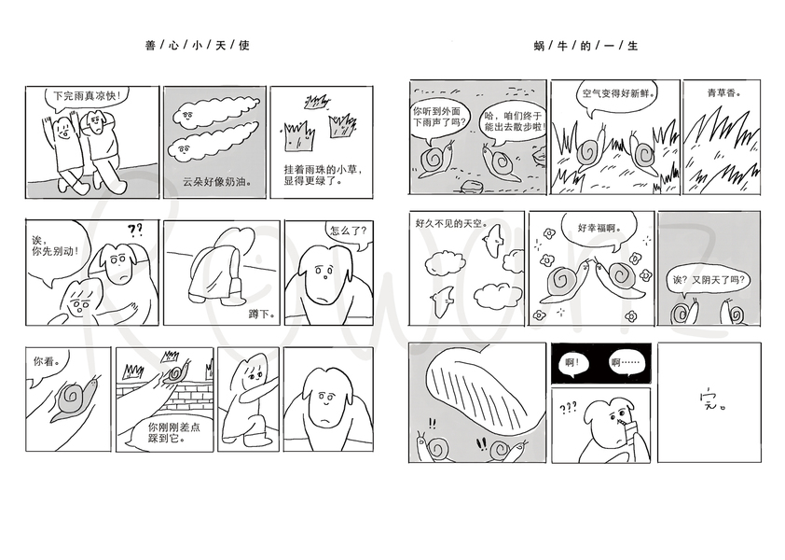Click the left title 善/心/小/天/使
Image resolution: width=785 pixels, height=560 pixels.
click(x=198, y=46)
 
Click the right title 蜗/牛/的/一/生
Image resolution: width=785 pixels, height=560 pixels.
click(x=585, y=46)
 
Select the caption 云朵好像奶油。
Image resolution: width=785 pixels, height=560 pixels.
click(x=217, y=181)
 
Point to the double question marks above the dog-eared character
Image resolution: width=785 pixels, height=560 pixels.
click(x=135, y=231)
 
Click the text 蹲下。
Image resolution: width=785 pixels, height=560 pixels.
click(x=262, y=315)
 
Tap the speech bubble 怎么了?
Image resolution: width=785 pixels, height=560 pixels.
click(x=349, y=231)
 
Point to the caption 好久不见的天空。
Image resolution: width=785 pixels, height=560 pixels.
click(x=452, y=223)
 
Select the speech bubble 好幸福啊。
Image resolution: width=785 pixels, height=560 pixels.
click(x=599, y=228)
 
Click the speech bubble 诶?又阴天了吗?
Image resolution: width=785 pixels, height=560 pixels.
click(x=709, y=280)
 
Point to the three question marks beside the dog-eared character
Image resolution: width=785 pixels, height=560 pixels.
click(x=568, y=409)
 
